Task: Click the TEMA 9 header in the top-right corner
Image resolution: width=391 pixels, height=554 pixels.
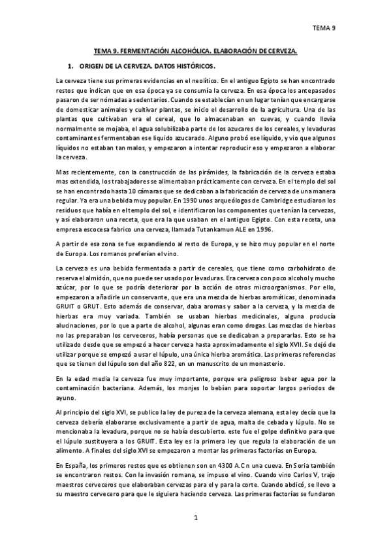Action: [324, 28]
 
